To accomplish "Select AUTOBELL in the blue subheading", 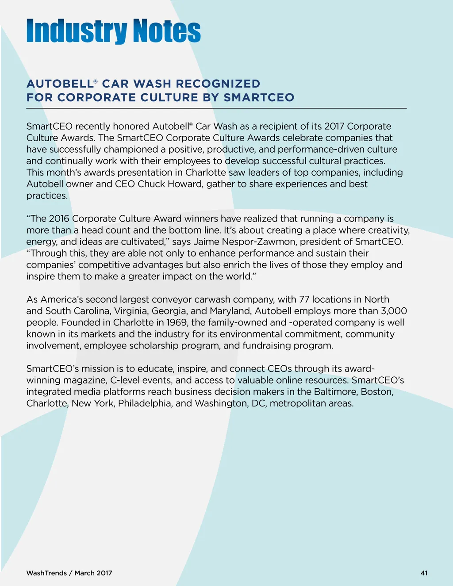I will click(x=60, y=84).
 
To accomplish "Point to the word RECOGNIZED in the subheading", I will click(x=218, y=84).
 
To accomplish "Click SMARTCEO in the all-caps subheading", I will click(x=259, y=98).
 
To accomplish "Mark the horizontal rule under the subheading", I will click(x=216, y=108).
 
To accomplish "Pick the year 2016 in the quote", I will click(x=59, y=218).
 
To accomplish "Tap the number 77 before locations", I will click(x=304, y=299).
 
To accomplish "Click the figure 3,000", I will click(x=394, y=311).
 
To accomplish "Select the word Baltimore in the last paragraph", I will click(x=335, y=392).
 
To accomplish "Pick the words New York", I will click(x=92, y=403).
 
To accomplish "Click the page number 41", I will click(x=424, y=573).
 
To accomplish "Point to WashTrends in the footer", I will click(x=46, y=573).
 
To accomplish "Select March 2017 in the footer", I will click(x=93, y=573).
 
